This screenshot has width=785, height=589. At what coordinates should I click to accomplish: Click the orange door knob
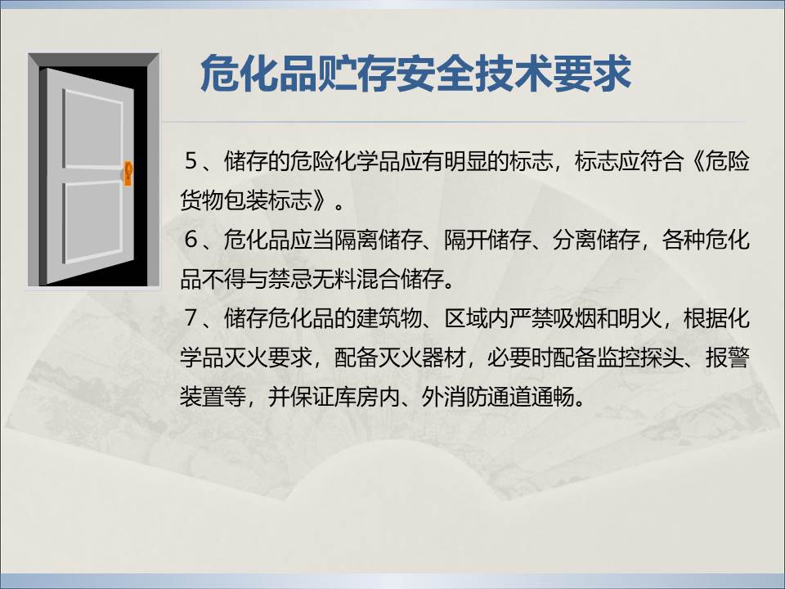[x=128, y=173]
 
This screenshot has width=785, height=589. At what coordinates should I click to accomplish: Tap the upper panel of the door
[x=93, y=129]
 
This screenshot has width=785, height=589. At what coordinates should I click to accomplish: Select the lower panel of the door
[x=93, y=222]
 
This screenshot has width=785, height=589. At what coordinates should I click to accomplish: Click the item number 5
[x=191, y=161]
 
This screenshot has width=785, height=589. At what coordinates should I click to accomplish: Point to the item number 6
[x=191, y=240]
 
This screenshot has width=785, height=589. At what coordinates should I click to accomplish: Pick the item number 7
[x=191, y=317]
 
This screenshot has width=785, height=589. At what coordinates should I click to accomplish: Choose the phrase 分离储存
[x=597, y=240]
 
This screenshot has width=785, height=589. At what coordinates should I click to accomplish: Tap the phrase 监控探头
[x=640, y=357]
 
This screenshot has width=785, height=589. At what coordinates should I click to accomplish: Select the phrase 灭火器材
[x=422, y=357]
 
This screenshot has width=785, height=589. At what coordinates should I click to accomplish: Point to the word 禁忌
[x=291, y=279]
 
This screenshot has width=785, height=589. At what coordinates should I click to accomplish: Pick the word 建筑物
[x=389, y=317]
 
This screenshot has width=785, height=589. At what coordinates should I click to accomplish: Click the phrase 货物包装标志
[x=246, y=200]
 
